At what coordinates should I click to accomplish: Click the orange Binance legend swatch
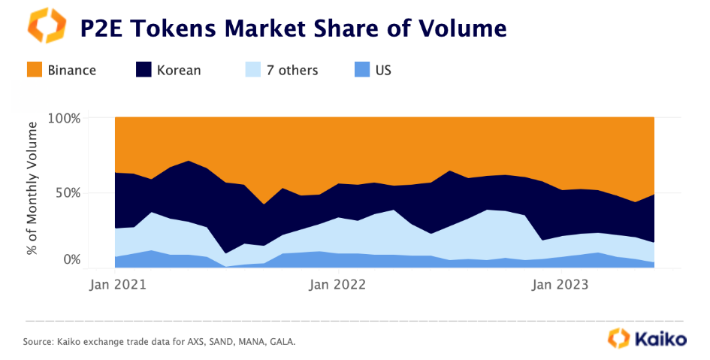[35, 70]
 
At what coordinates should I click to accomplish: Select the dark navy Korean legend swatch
[144, 70]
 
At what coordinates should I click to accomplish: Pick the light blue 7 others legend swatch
[253, 70]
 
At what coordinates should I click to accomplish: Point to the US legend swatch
[362, 70]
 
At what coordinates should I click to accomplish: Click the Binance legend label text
[72, 71]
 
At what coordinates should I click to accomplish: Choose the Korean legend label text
[179, 71]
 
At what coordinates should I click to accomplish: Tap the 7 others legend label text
[292, 71]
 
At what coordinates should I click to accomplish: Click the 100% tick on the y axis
[63, 118]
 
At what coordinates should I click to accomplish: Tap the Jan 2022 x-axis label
[337, 285]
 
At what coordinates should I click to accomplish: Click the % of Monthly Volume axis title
[33, 192]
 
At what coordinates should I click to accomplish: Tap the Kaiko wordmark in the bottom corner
[662, 338]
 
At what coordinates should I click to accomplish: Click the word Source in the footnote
[38, 342]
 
